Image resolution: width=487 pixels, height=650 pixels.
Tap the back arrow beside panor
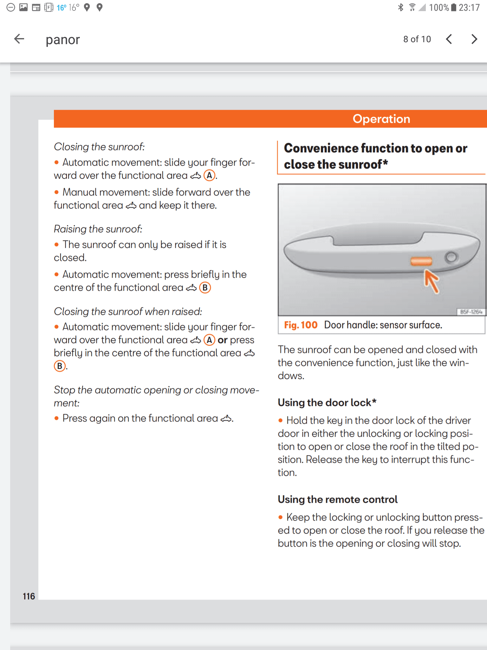pyautogui.click(x=19, y=39)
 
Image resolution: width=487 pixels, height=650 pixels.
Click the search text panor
pyautogui.click(x=63, y=40)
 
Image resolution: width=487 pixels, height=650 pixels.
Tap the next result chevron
pyautogui.click(x=474, y=39)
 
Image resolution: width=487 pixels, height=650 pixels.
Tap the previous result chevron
pyautogui.click(x=449, y=39)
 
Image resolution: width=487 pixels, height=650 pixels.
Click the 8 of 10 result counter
pyautogui.click(x=417, y=39)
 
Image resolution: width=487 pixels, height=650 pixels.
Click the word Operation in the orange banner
pyautogui.click(x=381, y=119)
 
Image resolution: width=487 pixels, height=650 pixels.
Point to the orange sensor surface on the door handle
pyautogui.click(x=421, y=261)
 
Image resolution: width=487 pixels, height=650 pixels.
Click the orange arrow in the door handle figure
pyautogui.click(x=432, y=281)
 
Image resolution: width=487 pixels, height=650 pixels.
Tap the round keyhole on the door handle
pyautogui.click(x=451, y=257)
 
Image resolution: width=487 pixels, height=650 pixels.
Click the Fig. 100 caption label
pyautogui.click(x=301, y=325)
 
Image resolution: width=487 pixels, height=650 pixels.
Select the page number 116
pyautogui.click(x=29, y=596)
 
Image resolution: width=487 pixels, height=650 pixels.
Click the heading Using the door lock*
pyautogui.click(x=327, y=402)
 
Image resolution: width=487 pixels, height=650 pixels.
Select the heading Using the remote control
pyautogui.click(x=337, y=499)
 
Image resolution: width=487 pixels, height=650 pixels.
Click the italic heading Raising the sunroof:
pyautogui.click(x=98, y=229)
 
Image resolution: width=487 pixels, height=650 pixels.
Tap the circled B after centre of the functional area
pyautogui.click(x=205, y=288)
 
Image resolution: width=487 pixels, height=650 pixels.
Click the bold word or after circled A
pyautogui.click(x=223, y=340)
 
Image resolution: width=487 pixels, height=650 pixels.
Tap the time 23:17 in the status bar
pyautogui.click(x=469, y=7)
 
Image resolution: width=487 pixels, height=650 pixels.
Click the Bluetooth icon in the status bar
pyautogui.click(x=401, y=7)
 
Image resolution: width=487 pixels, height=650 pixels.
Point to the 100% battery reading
pyautogui.click(x=439, y=7)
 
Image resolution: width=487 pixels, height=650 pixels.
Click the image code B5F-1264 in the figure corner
pyautogui.click(x=471, y=312)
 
